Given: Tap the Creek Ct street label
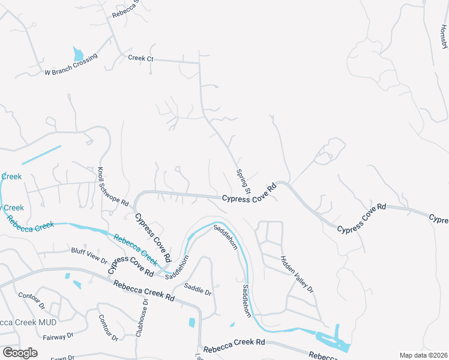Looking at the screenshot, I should pos(141,58).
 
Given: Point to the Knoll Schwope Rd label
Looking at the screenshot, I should pos(113,187).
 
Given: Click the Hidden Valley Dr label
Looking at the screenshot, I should pos(297,274).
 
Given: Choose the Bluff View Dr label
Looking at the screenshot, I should pos(89,256).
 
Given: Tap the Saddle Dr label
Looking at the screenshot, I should pos(198,289).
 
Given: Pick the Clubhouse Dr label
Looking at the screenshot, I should pos(142,317).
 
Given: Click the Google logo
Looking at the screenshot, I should pos(20,353).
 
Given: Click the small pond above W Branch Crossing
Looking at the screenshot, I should pos(78,54).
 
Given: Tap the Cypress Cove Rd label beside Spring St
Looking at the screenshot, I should pos(249,193).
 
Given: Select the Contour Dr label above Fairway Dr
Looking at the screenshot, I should pos(32,300).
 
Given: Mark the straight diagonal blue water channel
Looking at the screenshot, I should pos(42,155).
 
